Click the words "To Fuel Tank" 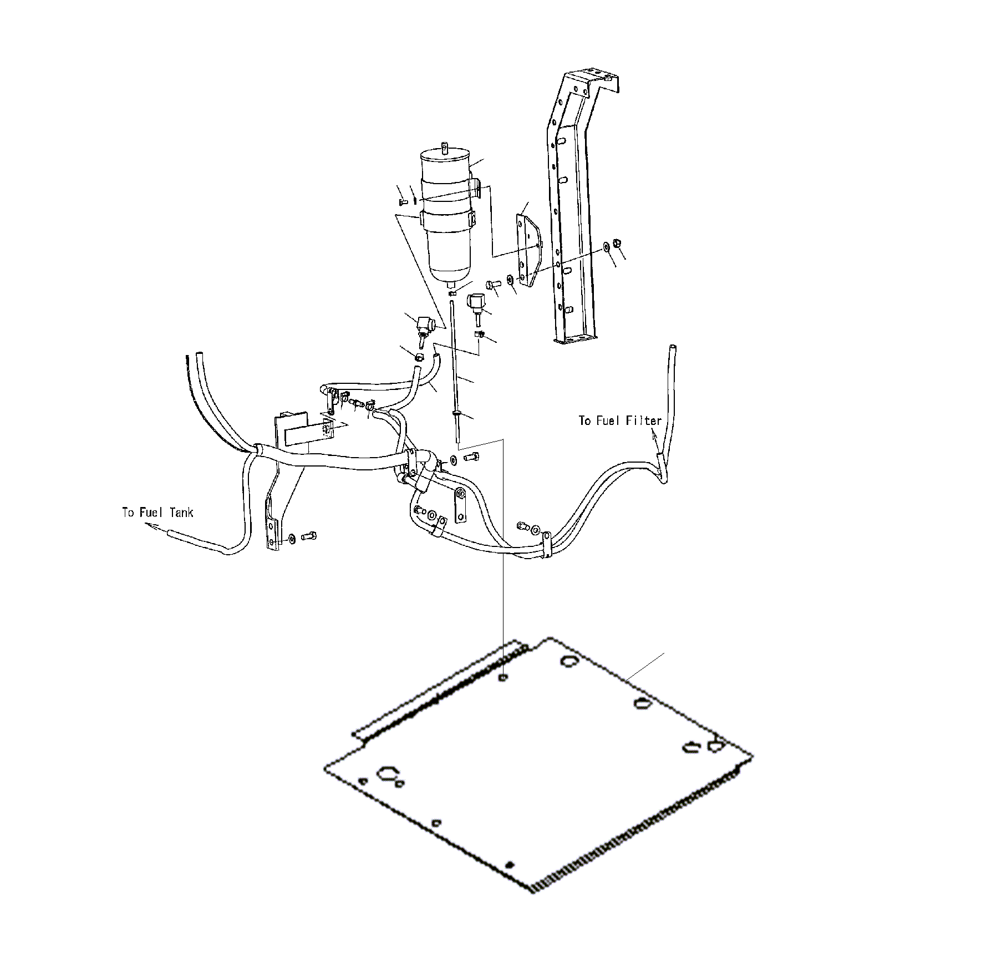pos(158,512)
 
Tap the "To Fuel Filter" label pos(620,420)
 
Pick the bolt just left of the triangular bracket pos(492,285)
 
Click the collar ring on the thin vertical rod pos(456,413)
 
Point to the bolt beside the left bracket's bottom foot pos(308,536)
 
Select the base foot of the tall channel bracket pos(574,336)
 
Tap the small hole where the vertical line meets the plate pos(502,677)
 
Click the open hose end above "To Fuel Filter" pos(673,348)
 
